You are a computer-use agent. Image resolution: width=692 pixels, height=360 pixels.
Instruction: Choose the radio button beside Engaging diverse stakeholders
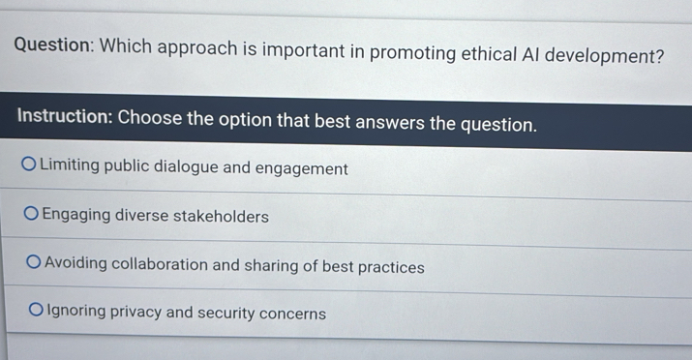pyautogui.click(x=32, y=214)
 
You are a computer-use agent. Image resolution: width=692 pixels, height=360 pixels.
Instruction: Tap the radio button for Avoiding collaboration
pyautogui.click(x=34, y=262)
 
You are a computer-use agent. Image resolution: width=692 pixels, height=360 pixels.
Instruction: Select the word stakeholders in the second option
pyautogui.click(x=223, y=217)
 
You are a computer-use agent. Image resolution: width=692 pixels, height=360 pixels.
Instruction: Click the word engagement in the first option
pyautogui.click(x=302, y=168)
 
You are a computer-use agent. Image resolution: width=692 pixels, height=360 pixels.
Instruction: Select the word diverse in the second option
pyautogui.click(x=143, y=216)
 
